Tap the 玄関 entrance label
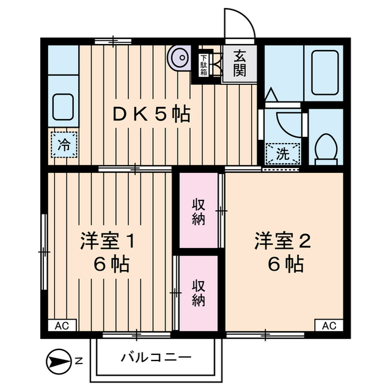coord(239,63)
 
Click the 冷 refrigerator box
coord(64,145)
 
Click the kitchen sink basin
coord(63,107)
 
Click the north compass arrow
coord(59,360)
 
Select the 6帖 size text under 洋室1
coord(111,265)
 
